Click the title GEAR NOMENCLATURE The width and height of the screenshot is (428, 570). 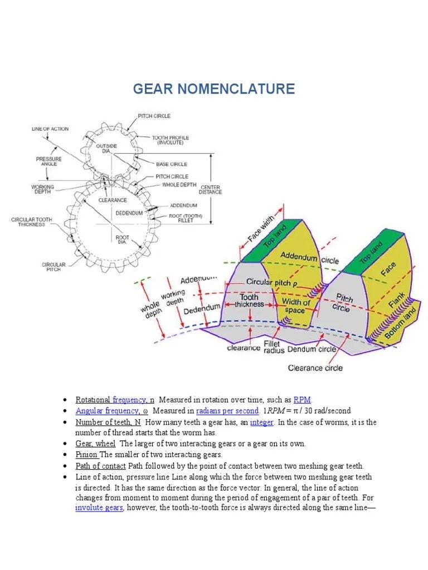tap(213, 89)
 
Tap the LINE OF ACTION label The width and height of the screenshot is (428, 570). tap(50, 129)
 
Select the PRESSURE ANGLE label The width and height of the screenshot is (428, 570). tap(49, 162)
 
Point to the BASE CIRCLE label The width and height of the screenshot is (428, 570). tap(171, 164)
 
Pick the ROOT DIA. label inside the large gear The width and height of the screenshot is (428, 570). tap(123, 239)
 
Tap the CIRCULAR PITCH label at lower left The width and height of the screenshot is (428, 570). tap(53, 268)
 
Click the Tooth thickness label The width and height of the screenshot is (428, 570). tap(249, 301)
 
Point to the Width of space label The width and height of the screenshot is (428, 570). tap(295, 306)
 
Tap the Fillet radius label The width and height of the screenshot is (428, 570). tap(274, 347)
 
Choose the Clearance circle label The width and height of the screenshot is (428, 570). tap(315, 367)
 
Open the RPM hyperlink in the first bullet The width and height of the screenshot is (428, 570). tap(302, 400)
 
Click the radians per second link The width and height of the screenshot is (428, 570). tap(227, 411)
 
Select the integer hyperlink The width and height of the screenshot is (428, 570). tap(261, 422)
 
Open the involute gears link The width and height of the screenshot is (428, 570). tap(99, 508)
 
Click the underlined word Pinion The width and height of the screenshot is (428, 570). tap(86, 454)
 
